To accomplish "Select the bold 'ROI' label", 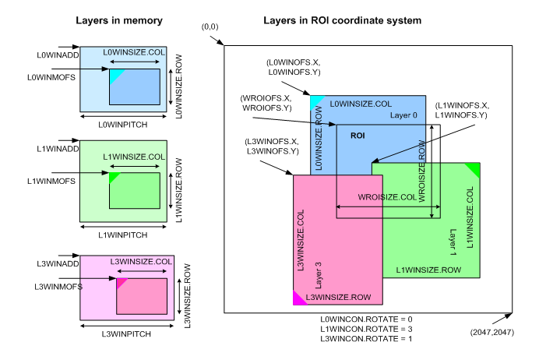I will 358,135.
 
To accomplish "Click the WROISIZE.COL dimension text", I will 386,198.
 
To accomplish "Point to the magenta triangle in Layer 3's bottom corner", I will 298,298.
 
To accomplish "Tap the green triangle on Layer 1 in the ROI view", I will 473,168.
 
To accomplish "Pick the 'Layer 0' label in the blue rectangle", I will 403,115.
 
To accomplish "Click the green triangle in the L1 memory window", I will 113,178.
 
